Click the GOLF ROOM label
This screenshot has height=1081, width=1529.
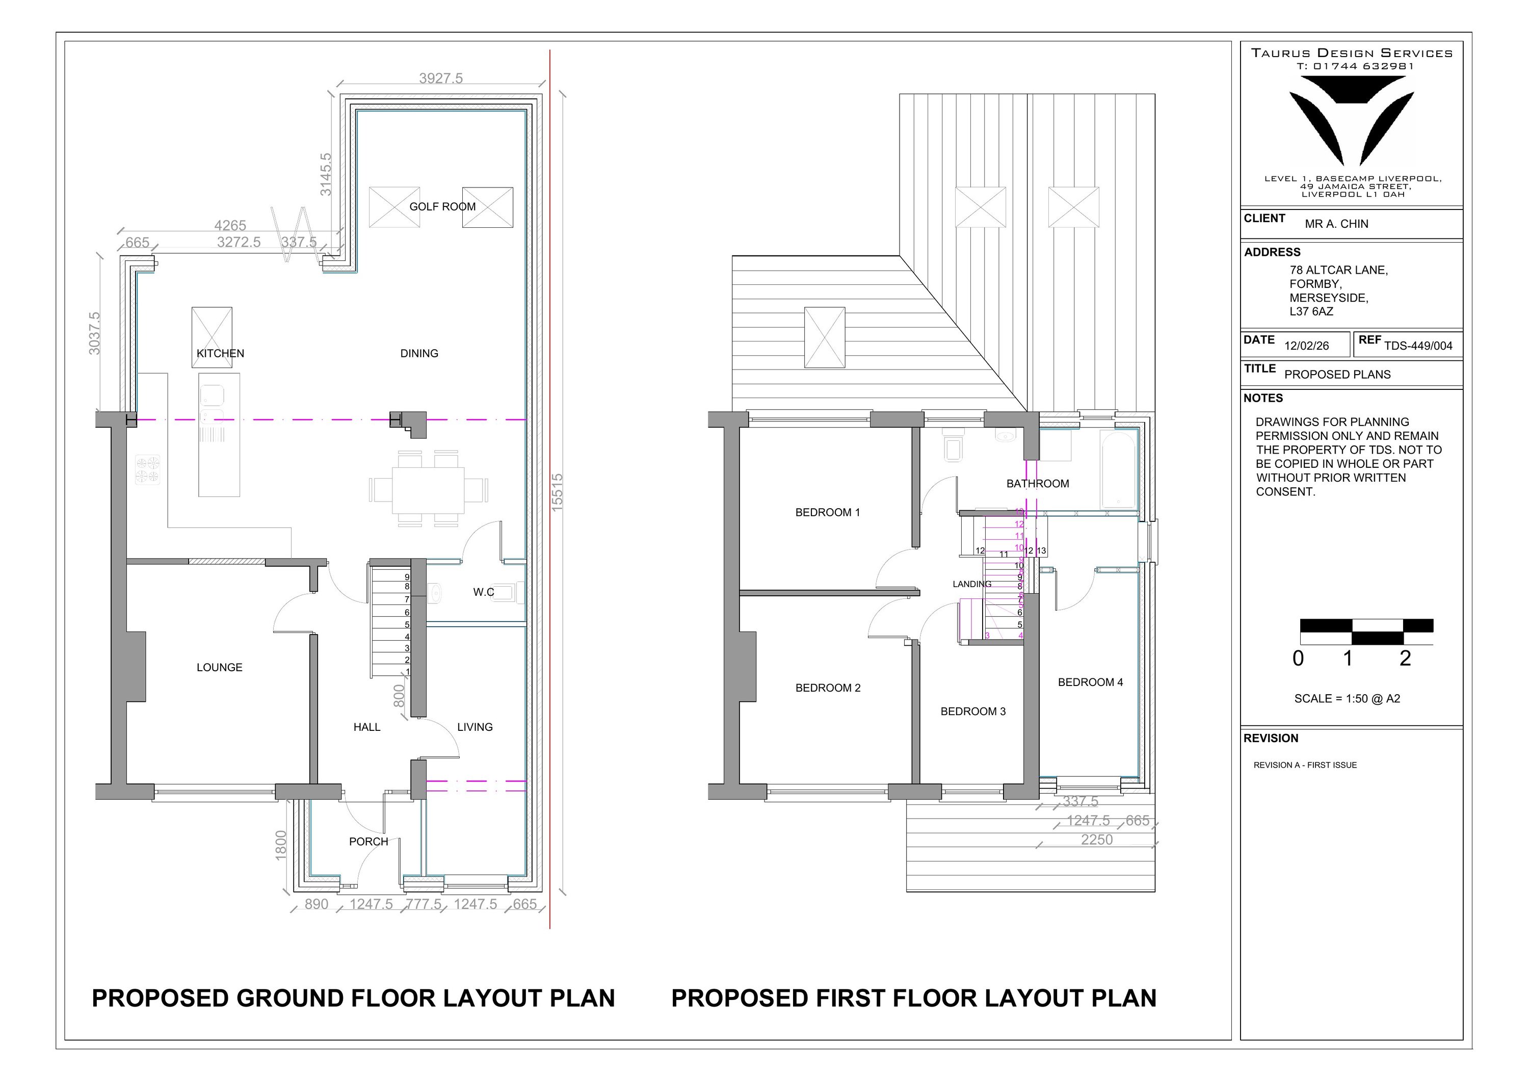click(x=442, y=206)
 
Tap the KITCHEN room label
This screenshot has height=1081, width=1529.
click(x=220, y=353)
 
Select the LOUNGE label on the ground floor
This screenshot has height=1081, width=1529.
click(x=219, y=667)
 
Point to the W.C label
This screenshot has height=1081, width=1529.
click(x=484, y=591)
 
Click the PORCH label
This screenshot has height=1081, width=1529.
click(x=368, y=841)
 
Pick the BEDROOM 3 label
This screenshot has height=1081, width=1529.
click(x=973, y=711)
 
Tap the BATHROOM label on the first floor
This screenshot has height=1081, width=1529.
click(x=1038, y=484)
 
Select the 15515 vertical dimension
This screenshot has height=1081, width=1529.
click(x=558, y=492)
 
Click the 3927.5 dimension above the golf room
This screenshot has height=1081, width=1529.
click(x=441, y=78)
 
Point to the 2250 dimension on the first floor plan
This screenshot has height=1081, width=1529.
click(x=1097, y=839)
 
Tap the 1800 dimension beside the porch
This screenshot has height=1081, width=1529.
click(x=280, y=845)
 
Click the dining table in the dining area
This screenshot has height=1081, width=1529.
click(x=428, y=490)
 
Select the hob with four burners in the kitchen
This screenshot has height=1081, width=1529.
click(x=148, y=469)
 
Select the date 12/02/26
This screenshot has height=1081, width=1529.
click(x=1307, y=346)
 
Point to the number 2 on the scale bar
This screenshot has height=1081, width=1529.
click(x=1405, y=658)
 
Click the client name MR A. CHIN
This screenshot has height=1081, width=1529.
click(x=1336, y=224)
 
